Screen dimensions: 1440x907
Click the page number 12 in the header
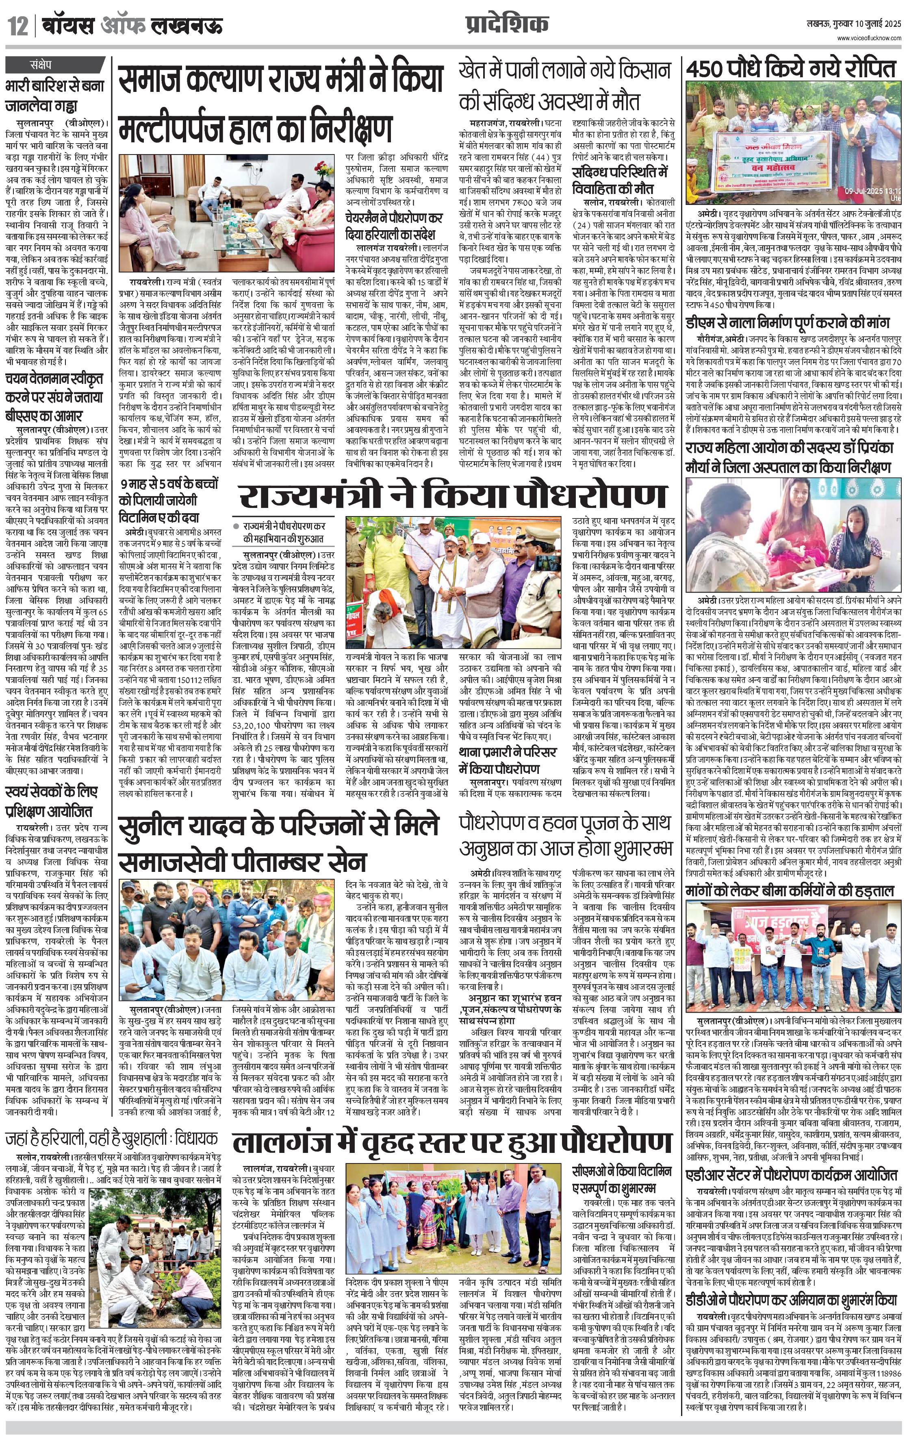[x=18, y=27]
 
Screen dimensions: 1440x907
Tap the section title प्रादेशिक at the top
[x=506, y=25]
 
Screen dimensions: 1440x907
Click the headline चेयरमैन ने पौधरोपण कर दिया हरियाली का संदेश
[x=394, y=226]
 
